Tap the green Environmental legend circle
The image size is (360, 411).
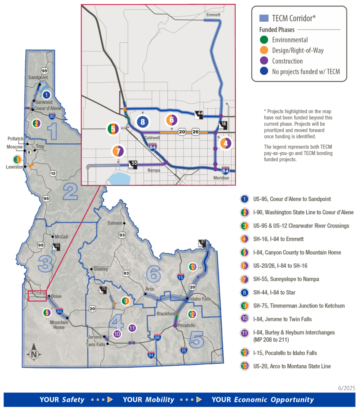(264, 40)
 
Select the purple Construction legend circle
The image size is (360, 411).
(264, 61)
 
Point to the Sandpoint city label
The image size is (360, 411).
(38, 77)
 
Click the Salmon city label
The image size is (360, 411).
(115, 223)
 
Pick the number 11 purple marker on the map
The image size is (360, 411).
(133, 328)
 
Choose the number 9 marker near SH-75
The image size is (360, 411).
(125, 301)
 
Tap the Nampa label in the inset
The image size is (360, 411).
(154, 170)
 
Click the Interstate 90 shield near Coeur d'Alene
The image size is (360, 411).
(52, 116)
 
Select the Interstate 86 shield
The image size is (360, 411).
(157, 338)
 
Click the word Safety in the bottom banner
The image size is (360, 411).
(73, 400)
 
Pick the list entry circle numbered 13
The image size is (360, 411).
(244, 366)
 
